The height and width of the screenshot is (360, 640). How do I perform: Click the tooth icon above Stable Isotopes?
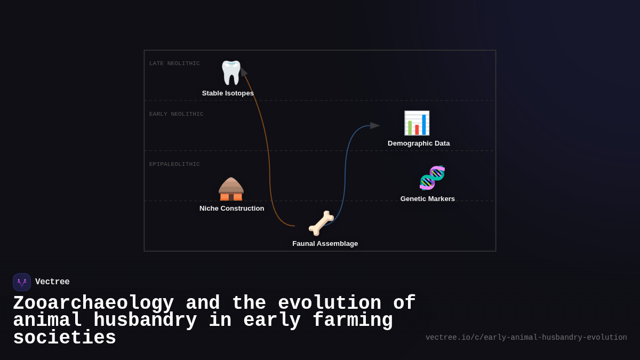point(231,73)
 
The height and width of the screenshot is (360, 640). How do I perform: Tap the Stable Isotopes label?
point(228,93)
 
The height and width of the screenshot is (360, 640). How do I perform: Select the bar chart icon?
point(417,123)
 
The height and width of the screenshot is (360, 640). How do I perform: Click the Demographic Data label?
point(419,143)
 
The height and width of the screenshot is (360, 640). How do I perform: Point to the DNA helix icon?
point(432,178)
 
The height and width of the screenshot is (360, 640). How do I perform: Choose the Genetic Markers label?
point(428,199)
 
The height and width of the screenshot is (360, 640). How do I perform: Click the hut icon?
point(231,189)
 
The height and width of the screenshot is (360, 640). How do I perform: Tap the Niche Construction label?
point(231,209)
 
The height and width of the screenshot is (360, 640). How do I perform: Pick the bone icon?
point(321,223)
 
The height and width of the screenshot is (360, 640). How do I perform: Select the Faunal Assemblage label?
point(325,244)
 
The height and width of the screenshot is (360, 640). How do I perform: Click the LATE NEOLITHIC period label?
point(174,63)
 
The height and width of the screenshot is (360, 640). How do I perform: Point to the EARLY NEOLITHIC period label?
point(176,114)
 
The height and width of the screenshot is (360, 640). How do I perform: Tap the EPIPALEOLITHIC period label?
point(174,164)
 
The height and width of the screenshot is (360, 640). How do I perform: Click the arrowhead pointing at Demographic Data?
point(375,126)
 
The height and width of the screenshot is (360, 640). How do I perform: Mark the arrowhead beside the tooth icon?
point(243,73)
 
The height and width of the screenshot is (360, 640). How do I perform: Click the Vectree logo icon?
point(22,282)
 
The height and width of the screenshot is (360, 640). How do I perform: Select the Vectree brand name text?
point(52,282)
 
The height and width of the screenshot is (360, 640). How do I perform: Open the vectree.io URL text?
point(526,338)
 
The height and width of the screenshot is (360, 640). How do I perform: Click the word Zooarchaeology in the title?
point(93,303)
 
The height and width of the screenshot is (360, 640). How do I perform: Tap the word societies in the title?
point(65,338)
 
